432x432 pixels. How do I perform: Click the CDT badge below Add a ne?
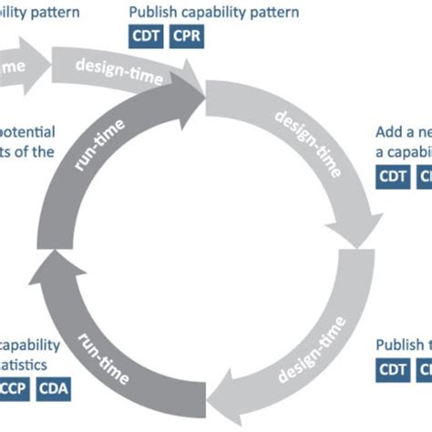click(x=394, y=177)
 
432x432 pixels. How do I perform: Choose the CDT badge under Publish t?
click(x=394, y=370)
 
